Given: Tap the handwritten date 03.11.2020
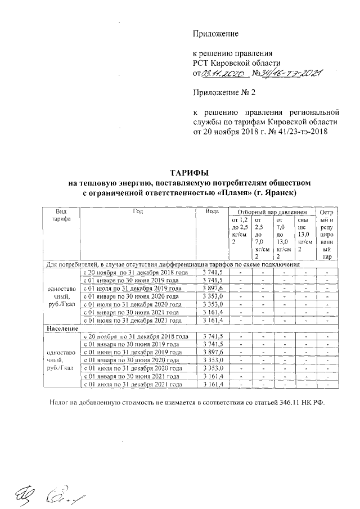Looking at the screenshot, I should (224, 73).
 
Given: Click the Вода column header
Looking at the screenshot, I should (212, 211).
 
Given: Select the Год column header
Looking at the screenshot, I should (138, 211).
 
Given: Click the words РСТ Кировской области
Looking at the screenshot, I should (236, 62).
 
